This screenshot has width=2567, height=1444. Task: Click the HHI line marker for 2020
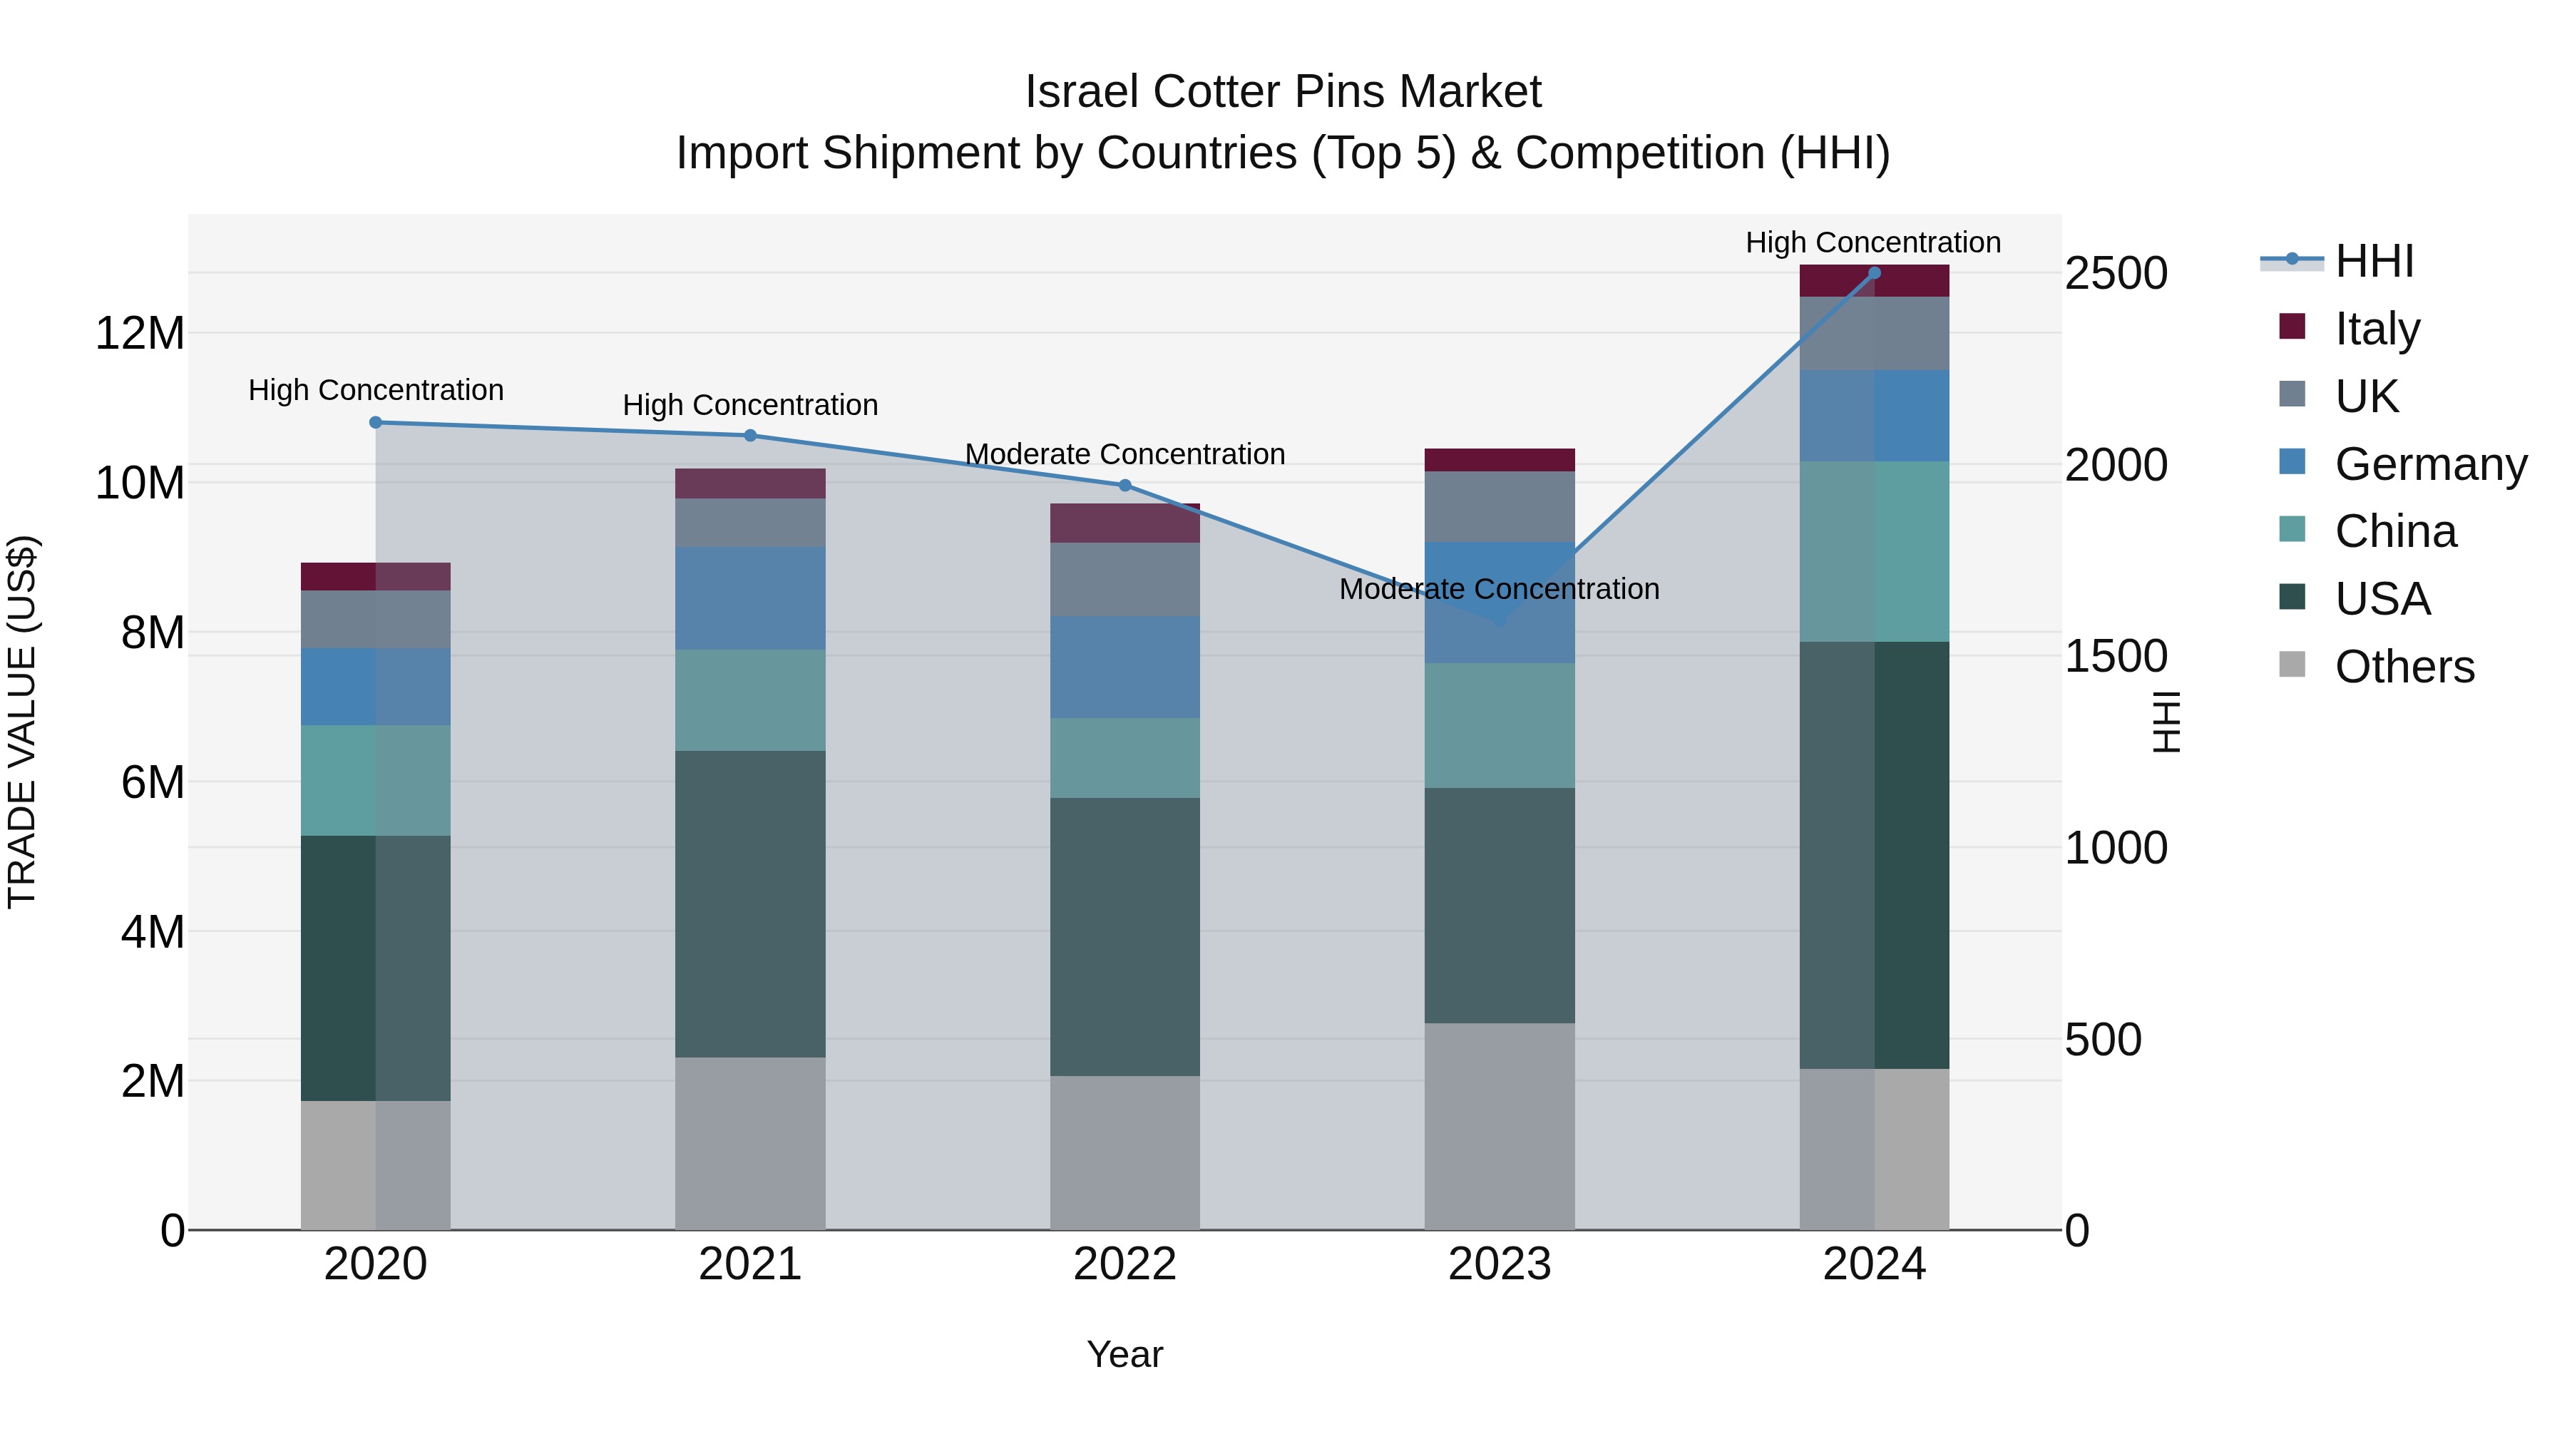376,423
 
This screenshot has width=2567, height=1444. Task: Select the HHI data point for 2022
1125,486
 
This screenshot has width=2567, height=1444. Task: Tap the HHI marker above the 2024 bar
1875,273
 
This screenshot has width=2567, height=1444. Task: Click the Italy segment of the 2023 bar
1499,459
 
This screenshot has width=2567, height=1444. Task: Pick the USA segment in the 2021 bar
749,904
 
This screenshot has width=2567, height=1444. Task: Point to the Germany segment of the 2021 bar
749,598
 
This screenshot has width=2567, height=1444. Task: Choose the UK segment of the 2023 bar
1499,506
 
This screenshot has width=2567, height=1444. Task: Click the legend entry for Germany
2429,464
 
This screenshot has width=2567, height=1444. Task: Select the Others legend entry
2404,667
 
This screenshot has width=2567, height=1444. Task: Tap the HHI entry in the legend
2374,261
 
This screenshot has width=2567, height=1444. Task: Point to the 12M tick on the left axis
140,333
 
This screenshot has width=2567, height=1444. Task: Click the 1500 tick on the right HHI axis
2116,657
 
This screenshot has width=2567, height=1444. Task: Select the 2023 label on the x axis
1499,1264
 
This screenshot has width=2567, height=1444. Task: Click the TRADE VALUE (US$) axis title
22,722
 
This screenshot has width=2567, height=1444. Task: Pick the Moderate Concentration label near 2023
1499,589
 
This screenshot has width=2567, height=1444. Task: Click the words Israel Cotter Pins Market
1283,92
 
